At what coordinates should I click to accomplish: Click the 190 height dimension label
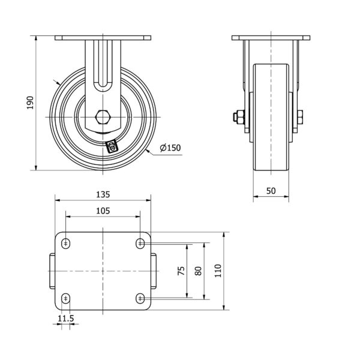coord(30,103)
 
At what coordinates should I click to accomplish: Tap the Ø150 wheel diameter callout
coord(170,148)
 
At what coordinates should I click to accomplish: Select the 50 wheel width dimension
coord(271,191)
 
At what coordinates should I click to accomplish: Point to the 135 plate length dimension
coord(103,194)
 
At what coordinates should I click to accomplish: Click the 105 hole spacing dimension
coord(103,211)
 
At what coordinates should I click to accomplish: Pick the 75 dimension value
coord(181,271)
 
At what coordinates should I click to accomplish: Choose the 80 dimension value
coord(198,271)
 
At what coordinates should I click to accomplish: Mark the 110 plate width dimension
coord(218,271)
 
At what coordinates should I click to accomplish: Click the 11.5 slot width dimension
coord(65,319)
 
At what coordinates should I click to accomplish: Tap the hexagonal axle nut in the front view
coord(103,117)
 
